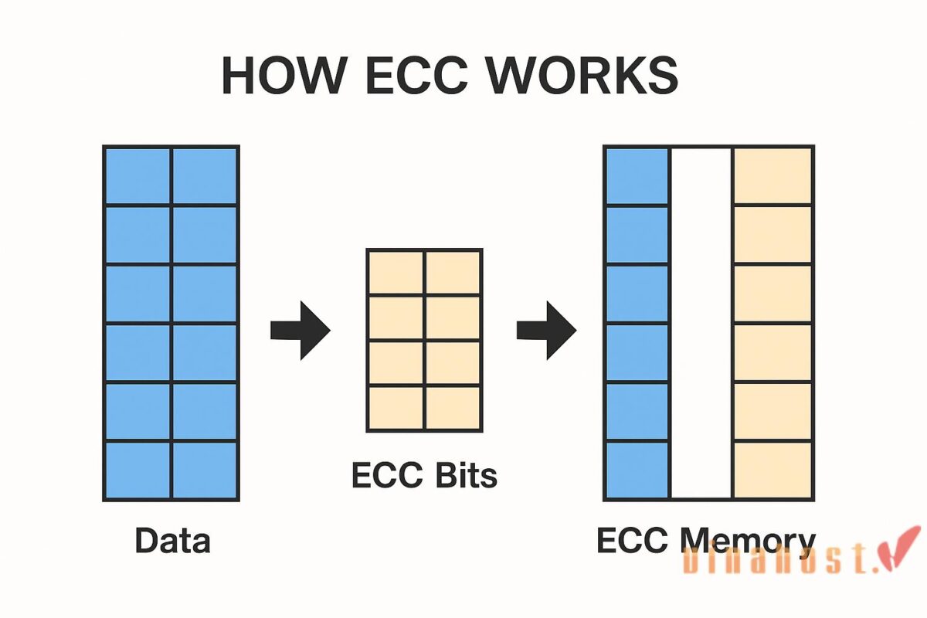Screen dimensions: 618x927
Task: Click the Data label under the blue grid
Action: point(172,540)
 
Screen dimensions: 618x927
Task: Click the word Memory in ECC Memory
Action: point(748,540)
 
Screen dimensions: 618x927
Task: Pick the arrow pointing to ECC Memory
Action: point(546,331)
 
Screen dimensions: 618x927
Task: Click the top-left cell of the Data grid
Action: point(138,176)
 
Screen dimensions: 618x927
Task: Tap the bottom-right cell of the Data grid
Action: point(205,470)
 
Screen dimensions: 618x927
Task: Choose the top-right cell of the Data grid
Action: point(205,176)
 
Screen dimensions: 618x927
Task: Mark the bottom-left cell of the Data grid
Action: point(138,470)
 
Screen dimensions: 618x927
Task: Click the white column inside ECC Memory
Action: point(701,322)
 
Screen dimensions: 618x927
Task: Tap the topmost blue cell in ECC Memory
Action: point(637,176)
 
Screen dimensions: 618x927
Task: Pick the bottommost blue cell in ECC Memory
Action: point(637,470)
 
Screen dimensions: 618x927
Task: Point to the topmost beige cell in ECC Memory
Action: point(772,176)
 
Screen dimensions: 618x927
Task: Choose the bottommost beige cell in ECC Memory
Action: point(772,470)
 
